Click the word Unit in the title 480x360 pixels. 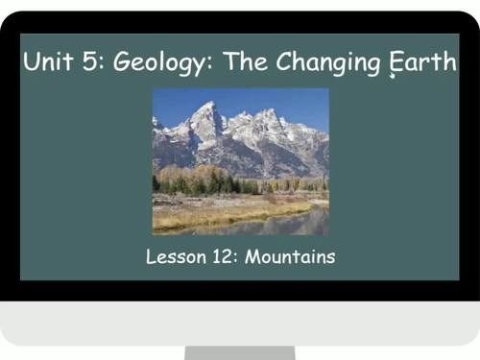[47, 63]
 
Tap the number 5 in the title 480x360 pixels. [90, 63]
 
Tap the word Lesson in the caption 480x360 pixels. [176, 257]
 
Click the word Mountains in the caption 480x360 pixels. [291, 257]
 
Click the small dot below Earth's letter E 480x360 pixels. [394, 78]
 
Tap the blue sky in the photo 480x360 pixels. [288, 101]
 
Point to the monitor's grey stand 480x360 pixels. [239, 352]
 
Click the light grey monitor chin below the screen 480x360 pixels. [240, 322]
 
